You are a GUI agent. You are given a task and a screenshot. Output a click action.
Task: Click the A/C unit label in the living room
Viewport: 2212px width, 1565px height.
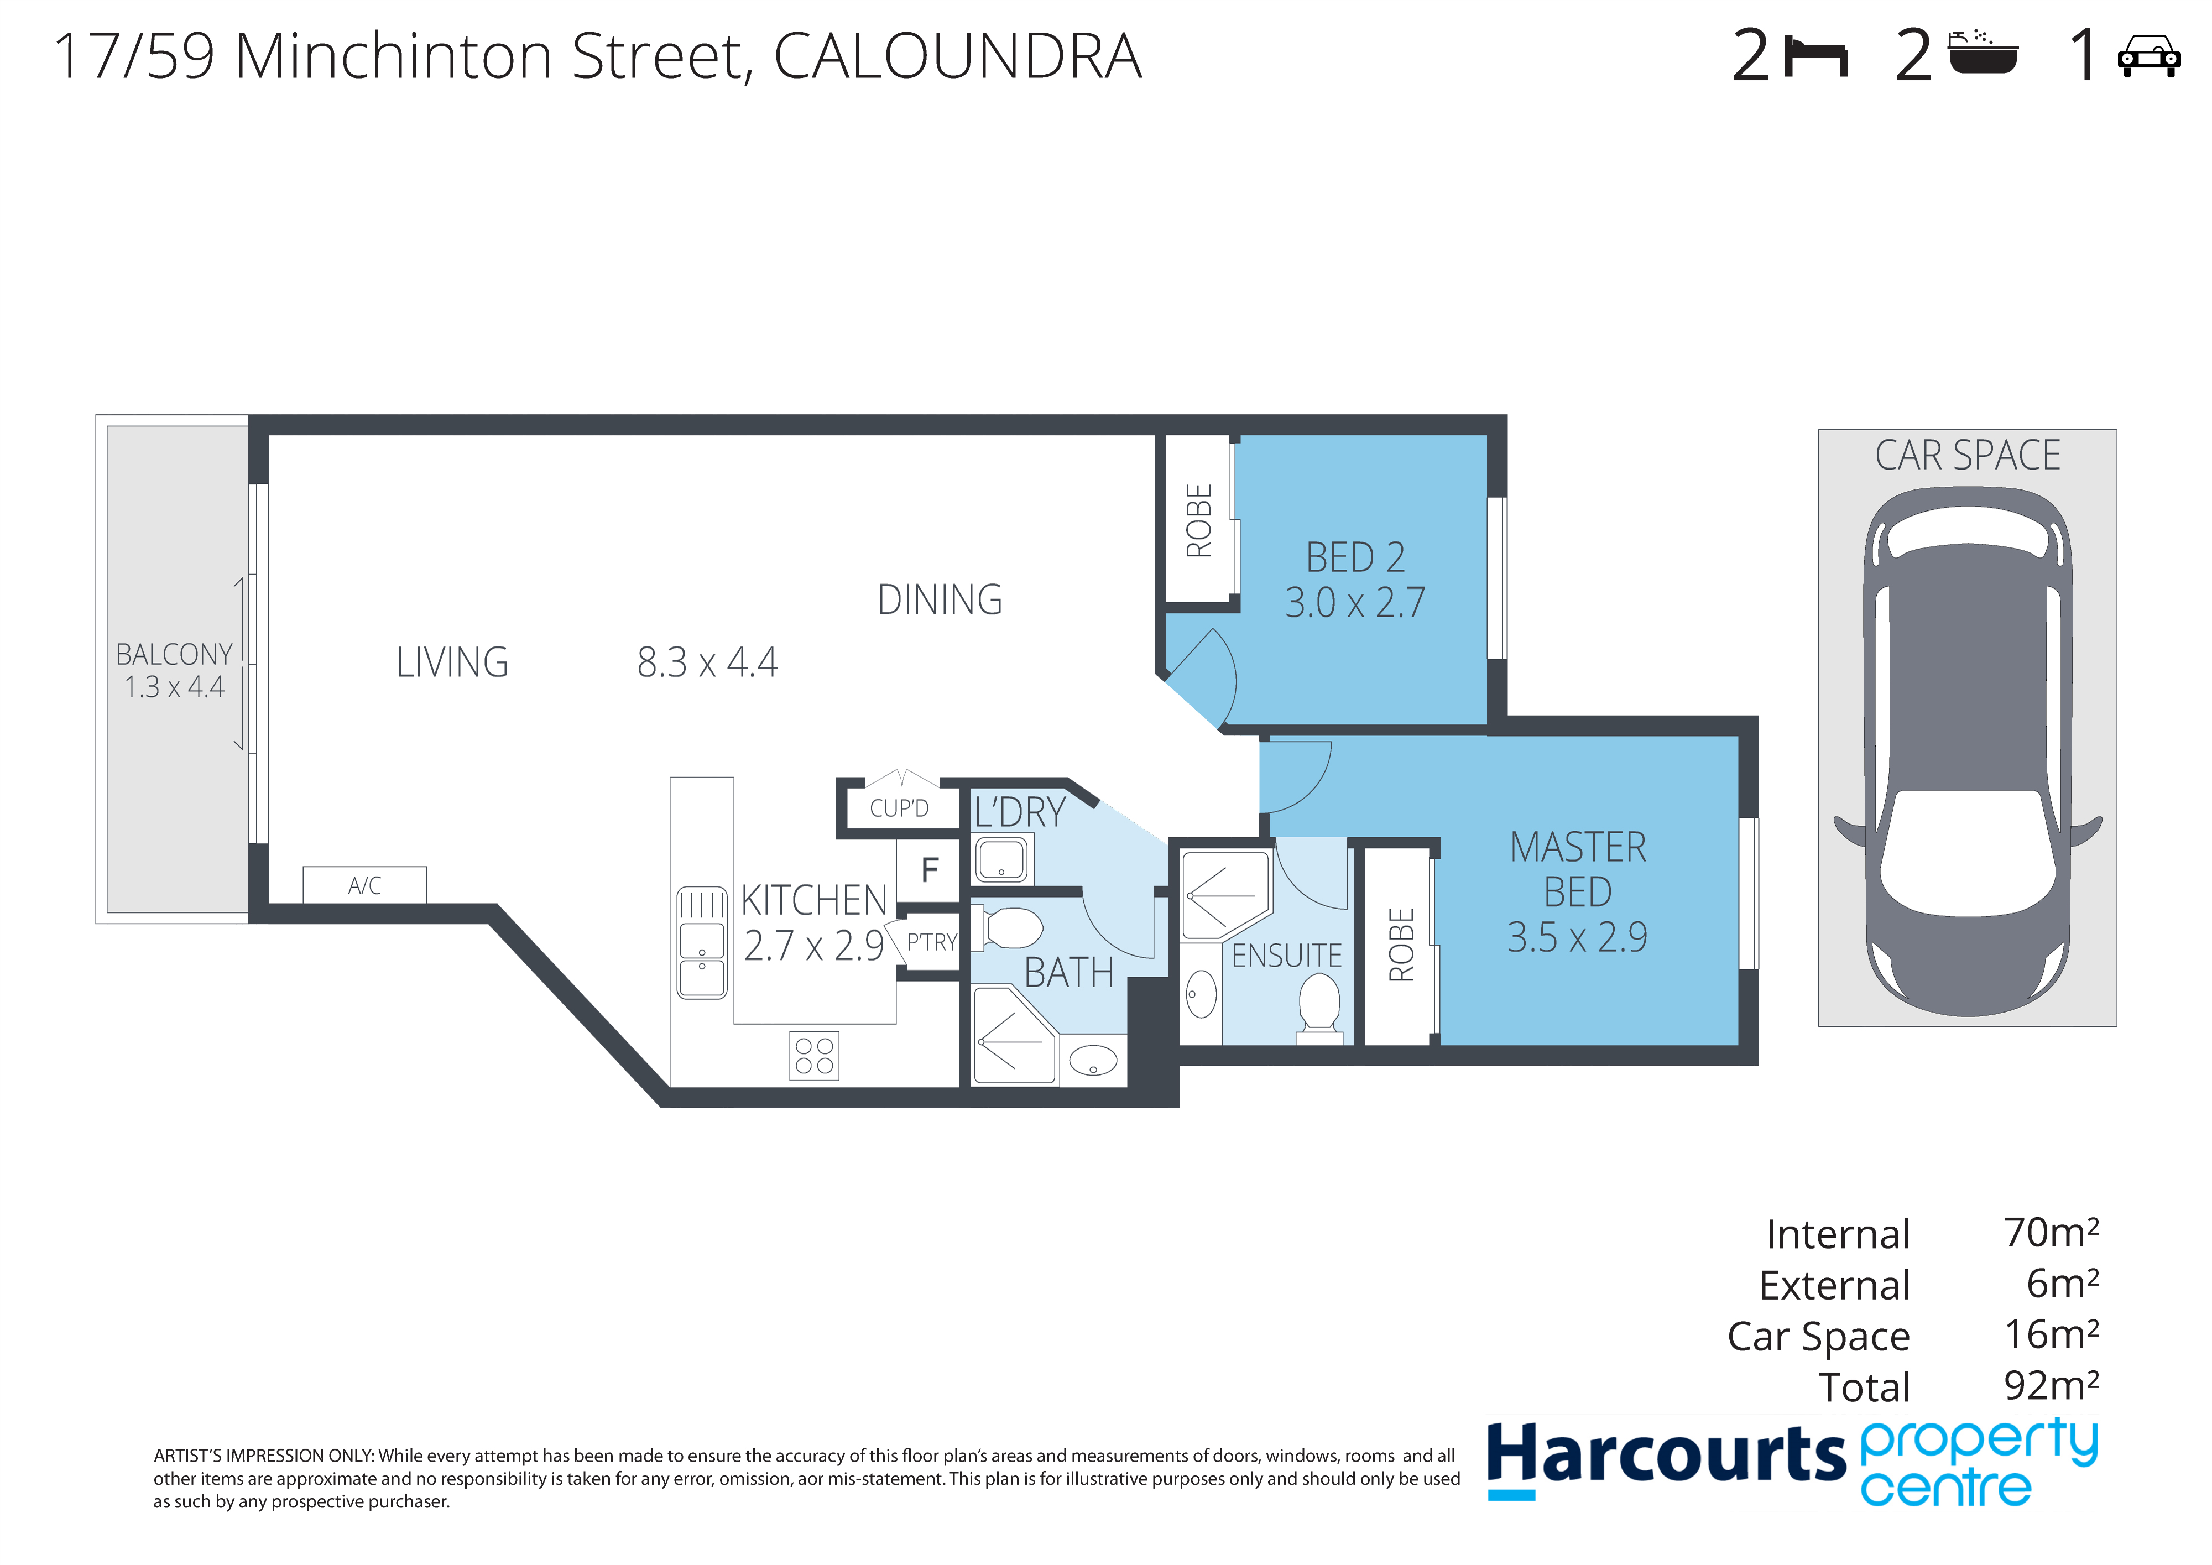(364, 885)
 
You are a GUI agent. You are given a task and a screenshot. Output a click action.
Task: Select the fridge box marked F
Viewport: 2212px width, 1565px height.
(930, 870)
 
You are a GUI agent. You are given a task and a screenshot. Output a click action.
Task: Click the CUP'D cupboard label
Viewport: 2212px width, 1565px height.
(899, 808)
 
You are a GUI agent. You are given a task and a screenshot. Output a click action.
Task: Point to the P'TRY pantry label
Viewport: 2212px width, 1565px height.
(932, 942)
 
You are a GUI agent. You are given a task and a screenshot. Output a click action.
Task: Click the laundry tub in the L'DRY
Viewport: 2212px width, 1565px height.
(1002, 859)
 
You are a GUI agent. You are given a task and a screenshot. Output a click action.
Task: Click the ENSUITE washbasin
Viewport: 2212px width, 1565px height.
(1201, 994)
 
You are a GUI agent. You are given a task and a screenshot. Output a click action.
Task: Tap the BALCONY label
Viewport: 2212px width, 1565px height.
(174, 654)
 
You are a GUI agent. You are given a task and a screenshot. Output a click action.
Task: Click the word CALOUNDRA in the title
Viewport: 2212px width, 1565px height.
(958, 56)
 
